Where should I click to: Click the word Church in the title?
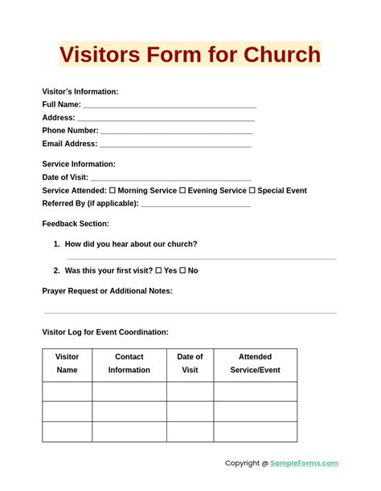point(277,55)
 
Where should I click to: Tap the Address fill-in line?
point(166,119)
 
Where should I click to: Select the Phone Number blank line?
point(176,132)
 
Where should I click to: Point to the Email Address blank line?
point(175,145)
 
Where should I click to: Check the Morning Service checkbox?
point(113,191)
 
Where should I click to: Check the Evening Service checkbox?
point(182,191)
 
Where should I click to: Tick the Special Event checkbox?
point(252,191)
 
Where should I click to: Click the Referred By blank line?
point(195,205)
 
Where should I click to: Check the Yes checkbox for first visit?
point(158,271)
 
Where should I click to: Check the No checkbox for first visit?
point(182,271)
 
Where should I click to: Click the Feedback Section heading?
point(76,224)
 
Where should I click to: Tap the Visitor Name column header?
point(68,363)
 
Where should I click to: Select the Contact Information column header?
point(129,363)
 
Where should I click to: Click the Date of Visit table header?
point(190,363)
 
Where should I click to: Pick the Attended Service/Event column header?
point(255,363)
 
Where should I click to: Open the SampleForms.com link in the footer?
point(304,463)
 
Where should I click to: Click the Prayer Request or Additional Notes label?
point(107,291)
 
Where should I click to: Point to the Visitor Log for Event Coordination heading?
point(105,332)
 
